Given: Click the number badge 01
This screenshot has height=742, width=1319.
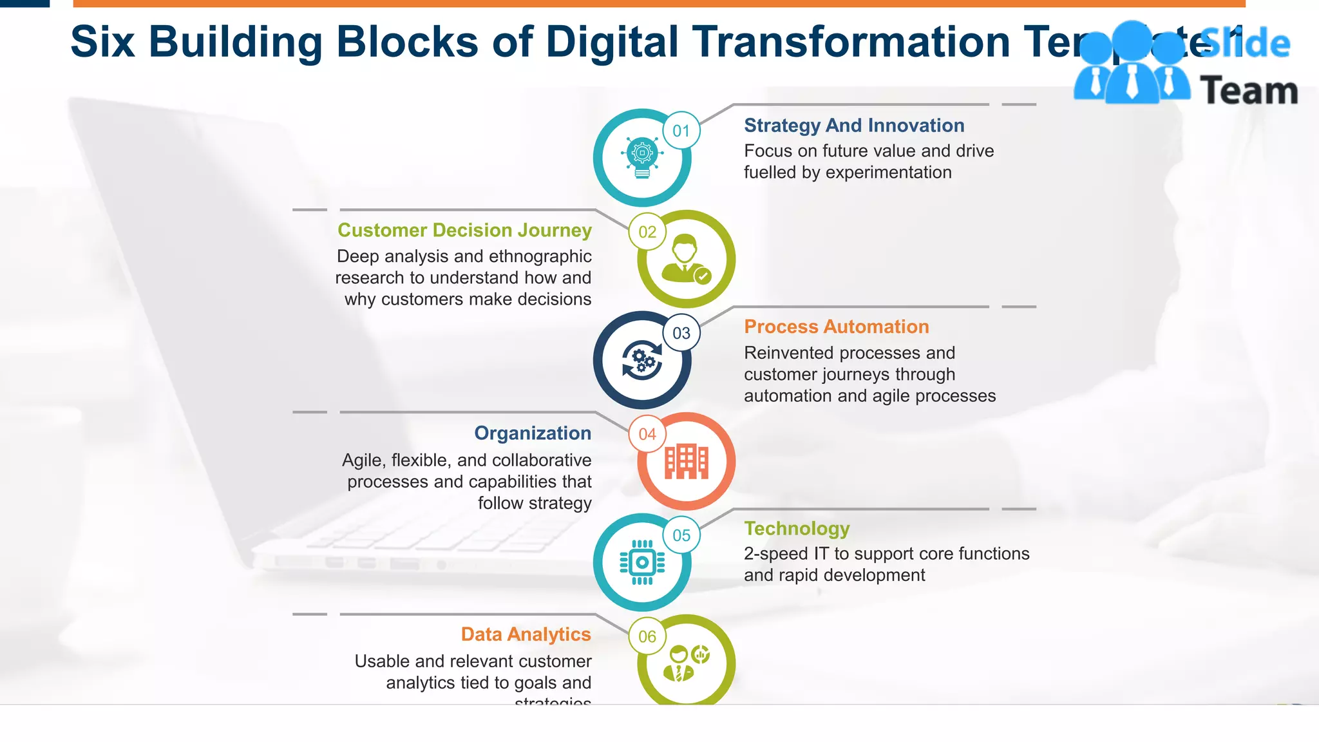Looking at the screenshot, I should pos(681,131).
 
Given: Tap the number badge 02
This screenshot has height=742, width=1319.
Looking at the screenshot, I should pos(647,232).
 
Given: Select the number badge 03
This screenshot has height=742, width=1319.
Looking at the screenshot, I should pos(681,333).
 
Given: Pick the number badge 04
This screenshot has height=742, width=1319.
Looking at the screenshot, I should pos(647,434).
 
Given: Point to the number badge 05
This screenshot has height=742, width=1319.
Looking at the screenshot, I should pos(681,535).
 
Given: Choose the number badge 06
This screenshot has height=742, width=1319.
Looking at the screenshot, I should pos(647,636).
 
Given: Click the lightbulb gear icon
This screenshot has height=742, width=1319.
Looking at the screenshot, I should pos(642,157).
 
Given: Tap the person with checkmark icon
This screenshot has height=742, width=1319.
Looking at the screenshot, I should pos(687,259).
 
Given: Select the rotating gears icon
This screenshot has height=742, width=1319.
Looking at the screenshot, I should pos(642,359).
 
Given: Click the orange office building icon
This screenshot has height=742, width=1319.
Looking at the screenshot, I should pos(687,462).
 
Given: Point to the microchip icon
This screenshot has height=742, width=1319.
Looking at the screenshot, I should pos(642,562).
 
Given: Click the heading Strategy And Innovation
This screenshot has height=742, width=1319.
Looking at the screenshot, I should pos(854,125).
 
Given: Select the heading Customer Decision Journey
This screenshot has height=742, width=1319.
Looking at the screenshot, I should pos(464,230).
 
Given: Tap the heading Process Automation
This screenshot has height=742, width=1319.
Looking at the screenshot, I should pos(837,327).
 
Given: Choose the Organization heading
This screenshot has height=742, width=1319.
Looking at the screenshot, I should pos(533,433).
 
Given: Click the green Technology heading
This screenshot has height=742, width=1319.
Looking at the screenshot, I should pos(797,528).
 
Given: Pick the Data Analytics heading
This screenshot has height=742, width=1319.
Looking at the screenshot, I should pos(526,634).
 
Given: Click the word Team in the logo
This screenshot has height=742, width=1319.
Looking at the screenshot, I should pos(1249,90).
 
